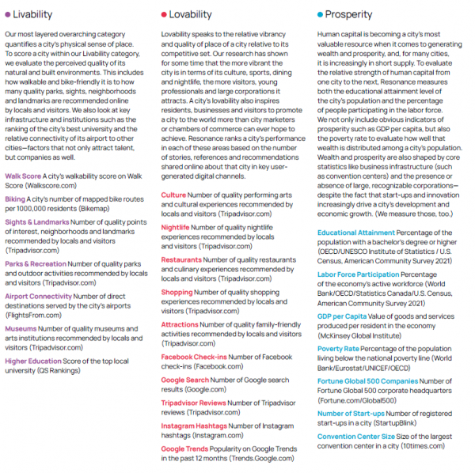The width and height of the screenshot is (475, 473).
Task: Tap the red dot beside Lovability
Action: pos(163,14)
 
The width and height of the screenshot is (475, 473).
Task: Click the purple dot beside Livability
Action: pos(8,14)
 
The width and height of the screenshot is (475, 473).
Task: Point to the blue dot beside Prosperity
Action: pos(320,14)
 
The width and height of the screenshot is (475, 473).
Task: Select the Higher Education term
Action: pos(33,361)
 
